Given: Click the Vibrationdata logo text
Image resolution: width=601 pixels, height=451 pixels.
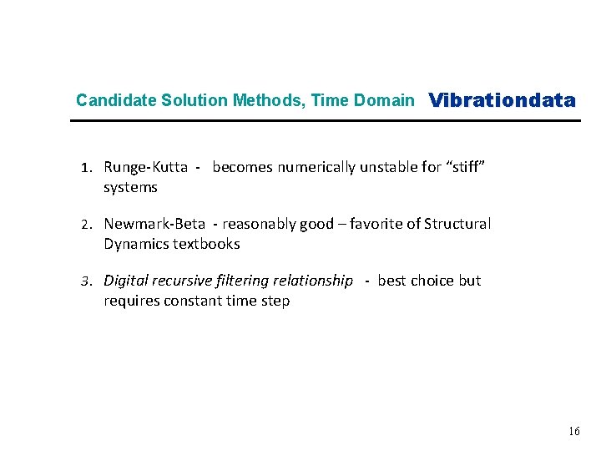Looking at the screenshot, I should [x=502, y=101].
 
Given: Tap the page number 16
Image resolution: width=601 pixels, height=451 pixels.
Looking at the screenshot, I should [x=573, y=432].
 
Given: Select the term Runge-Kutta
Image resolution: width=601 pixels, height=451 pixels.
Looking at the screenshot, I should [x=145, y=167].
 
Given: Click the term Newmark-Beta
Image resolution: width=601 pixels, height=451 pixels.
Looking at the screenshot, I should [x=154, y=224].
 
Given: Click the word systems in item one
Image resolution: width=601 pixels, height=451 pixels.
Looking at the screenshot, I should [x=130, y=187].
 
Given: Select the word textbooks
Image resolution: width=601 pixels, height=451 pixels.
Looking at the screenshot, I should [x=206, y=244].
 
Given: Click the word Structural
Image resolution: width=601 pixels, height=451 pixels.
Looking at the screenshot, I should [x=457, y=224].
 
